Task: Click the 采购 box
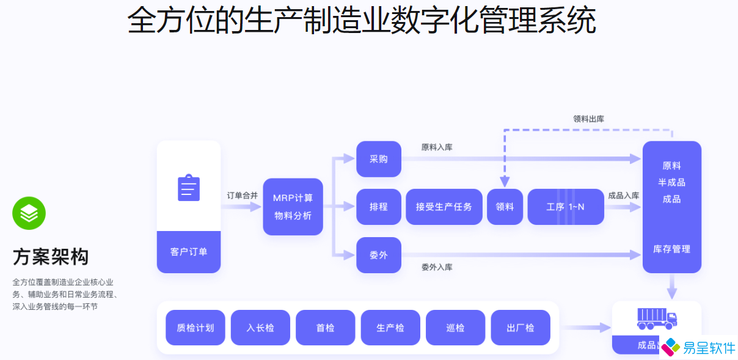tap(379, 159)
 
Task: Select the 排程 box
tap(379, 207)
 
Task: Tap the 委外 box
tap(379, 255)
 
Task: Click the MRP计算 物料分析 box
tap(293, 207)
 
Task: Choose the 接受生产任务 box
tap(444, 207)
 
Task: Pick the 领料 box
tap(505, 207)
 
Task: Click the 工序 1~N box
tap(565, 207)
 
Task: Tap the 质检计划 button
tap(195, 328)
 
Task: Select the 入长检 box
tap(260, 328)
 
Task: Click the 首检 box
tap(325, 328)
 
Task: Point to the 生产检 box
tap(390, 328)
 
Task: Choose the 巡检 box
tap(455, 328)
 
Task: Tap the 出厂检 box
tap(521, 328)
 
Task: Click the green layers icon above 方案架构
tap(29, 213)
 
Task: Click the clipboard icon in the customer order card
tap(189, 188)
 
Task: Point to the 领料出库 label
tap(588, 119)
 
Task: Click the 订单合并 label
tap(243, 196)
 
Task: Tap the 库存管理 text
tap(671, 249)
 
